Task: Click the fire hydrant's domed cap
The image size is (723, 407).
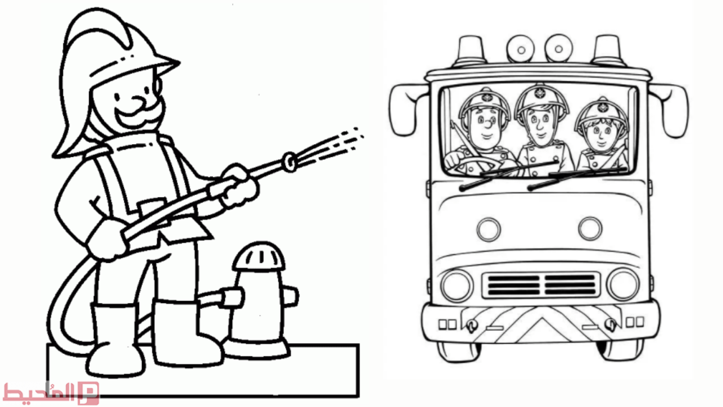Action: click(259, 257)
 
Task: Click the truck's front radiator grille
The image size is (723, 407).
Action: click(541, 284)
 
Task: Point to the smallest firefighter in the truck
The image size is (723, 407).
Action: click(601, 136)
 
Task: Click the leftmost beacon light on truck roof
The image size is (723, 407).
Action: click(471, 50)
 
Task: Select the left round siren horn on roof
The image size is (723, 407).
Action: click(521, 49)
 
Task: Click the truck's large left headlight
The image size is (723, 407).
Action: click(456, 286)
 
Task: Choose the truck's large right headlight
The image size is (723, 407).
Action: click(623, 284)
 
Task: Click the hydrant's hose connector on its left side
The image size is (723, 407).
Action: click(231, 297)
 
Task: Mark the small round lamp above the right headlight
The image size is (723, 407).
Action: click(590, 229)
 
